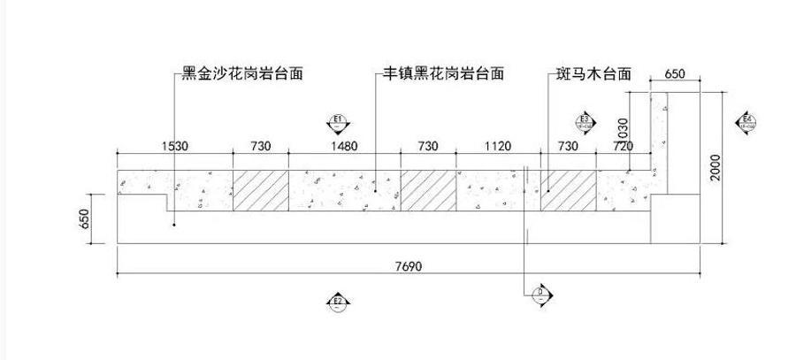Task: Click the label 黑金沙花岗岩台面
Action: point(242,74)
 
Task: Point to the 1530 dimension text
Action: point(174,146)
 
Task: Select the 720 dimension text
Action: point(622,146)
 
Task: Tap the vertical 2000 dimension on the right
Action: point(717,167)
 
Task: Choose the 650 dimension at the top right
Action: point(674,74)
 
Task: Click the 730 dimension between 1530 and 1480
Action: point(260,146)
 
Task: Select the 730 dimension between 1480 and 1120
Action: point(427,146)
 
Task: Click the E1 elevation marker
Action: point(337,122)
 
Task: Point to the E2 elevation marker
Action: point(337,303)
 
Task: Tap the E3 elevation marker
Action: point(584,122)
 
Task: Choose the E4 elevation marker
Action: point(747,122)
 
